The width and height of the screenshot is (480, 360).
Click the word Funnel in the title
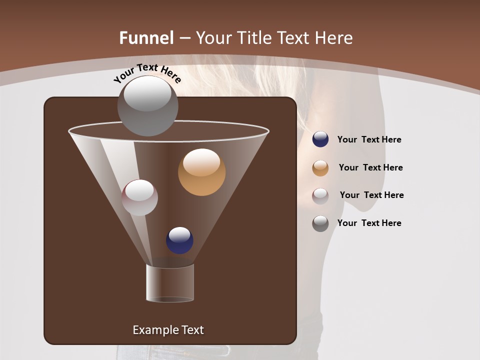(x=146, y=37)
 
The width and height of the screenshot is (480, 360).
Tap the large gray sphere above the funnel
(x=147, y=105)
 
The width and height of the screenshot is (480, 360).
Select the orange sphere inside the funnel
(x=201, y=172)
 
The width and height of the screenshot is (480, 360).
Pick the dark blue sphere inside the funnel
(x=179, y=240)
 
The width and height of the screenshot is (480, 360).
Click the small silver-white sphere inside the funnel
(x=139, y=197)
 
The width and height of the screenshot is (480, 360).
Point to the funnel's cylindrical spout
(x=169, y=283)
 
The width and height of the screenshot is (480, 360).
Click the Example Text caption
(x=168, y=330)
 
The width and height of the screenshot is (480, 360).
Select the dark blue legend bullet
(x=320, y=139)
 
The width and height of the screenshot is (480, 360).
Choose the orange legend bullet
(x=320, y=168)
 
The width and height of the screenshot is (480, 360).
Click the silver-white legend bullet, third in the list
(x=320, y=196)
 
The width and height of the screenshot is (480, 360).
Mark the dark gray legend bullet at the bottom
(x=320, y=223)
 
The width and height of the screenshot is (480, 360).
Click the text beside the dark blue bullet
(x=369, y=139)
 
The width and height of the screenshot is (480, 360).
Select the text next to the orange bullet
(x=370, y=167)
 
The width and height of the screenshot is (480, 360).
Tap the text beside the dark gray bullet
(x=369, y=223)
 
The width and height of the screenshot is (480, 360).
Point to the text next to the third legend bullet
(x=371, y=195)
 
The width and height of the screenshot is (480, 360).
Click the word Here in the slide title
(x=335, y=37)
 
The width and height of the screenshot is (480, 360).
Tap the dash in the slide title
(x=184, y=38)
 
